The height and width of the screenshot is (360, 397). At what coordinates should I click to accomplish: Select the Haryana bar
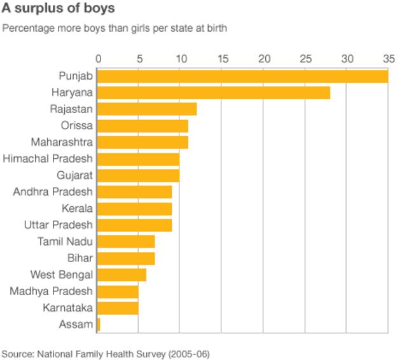213,93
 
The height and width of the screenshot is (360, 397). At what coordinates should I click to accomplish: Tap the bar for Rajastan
146,109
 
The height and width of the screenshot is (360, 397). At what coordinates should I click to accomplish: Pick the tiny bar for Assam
98,324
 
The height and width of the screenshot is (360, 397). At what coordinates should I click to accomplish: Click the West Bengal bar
121,275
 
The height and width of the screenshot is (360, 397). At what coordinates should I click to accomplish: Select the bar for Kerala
134,209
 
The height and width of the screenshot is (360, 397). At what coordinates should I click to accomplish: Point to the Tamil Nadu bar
125,242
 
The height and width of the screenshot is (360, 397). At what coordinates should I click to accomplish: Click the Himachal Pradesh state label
48,158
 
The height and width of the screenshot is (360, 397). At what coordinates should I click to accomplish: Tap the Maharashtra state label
62,142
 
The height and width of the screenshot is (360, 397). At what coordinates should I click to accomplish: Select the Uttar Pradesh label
58,225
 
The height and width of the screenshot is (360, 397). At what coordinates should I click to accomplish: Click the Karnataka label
68,307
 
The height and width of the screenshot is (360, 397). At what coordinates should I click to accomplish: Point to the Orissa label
76,125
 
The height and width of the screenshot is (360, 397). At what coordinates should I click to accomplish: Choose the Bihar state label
80,258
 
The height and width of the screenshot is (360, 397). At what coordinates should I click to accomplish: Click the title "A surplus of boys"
57,10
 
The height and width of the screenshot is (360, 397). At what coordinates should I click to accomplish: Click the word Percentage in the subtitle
26,29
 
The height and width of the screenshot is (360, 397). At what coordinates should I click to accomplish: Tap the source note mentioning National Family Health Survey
105,353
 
